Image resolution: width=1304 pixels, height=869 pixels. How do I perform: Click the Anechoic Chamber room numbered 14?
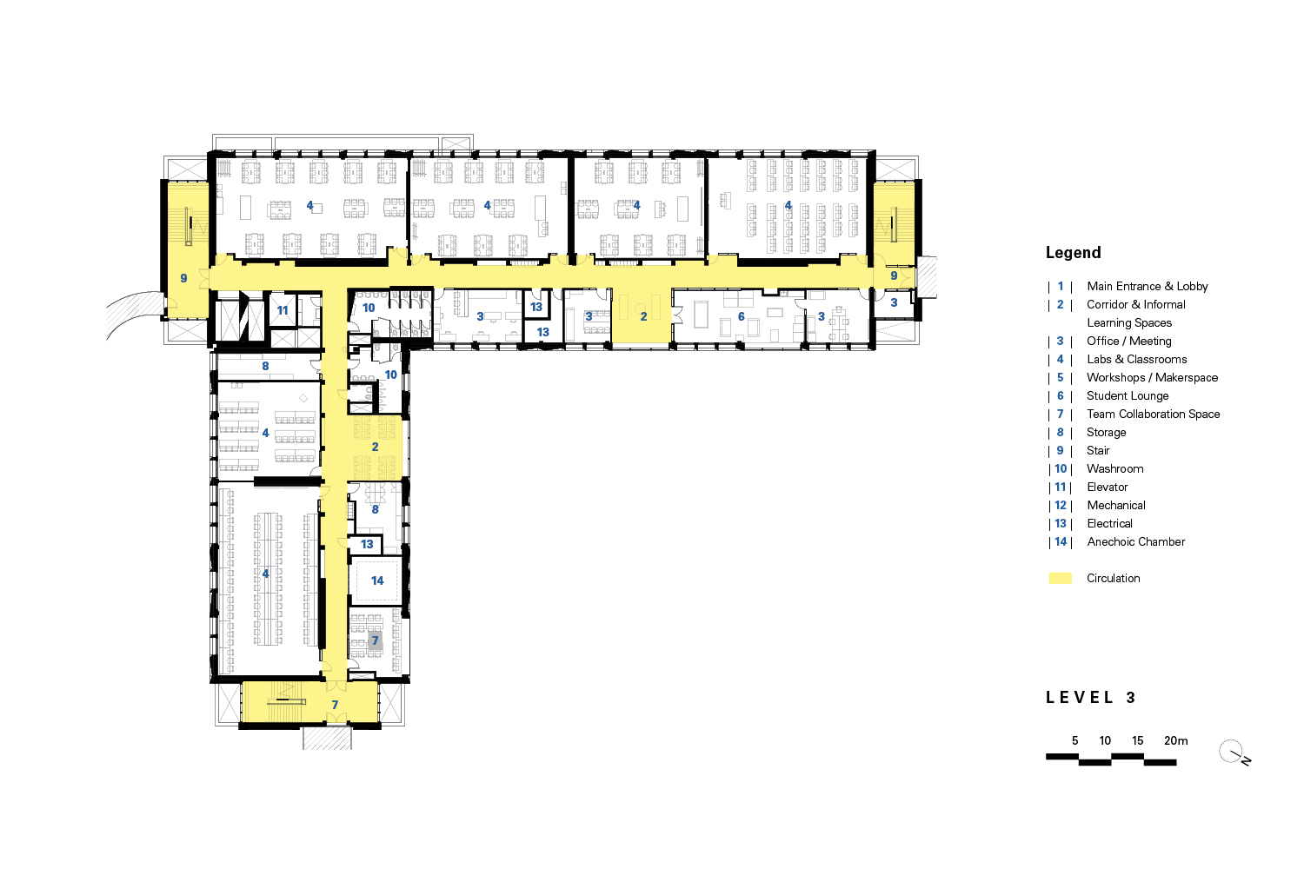tap(377, 580)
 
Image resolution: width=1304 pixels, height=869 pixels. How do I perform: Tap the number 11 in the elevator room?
tap(283, 310)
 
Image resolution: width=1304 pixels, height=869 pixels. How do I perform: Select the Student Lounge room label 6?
tap(741, 317)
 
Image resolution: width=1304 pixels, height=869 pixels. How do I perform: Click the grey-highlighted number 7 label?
tap(376, 640)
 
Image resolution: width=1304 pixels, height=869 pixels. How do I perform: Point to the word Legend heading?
tap(1073, 253)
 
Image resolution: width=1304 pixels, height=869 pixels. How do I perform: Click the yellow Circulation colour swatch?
tap(1061, 578)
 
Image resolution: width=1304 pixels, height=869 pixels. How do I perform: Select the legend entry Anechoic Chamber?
tap(1135, 541)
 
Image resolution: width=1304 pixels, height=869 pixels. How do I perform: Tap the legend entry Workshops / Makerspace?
tap(1152, 377)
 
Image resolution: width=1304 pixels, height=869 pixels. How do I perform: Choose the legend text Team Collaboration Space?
tap(1153, 414)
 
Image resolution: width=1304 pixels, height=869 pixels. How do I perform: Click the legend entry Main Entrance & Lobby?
tap(1147, 286)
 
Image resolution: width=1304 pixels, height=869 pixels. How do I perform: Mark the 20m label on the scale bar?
tap(1175, 740)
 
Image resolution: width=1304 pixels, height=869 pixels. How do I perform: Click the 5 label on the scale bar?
tap(1074, 740)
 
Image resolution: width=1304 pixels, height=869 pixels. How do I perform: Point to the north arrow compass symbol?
tap(1232, 753)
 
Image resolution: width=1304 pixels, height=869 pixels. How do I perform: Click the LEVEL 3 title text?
tap(1090, 697)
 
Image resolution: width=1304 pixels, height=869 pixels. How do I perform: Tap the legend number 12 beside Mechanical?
tap(1061, 505)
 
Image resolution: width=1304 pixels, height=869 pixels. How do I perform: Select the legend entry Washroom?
tap(1114, 468)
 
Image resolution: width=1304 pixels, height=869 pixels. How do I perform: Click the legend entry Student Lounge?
tap(1128, 395)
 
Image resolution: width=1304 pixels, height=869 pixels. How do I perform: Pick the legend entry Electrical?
tap(1109, 523)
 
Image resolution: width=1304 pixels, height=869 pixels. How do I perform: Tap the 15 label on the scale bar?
tap(1137, 740)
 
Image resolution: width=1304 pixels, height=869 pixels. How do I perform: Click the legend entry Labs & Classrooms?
tap(1136, 359)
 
